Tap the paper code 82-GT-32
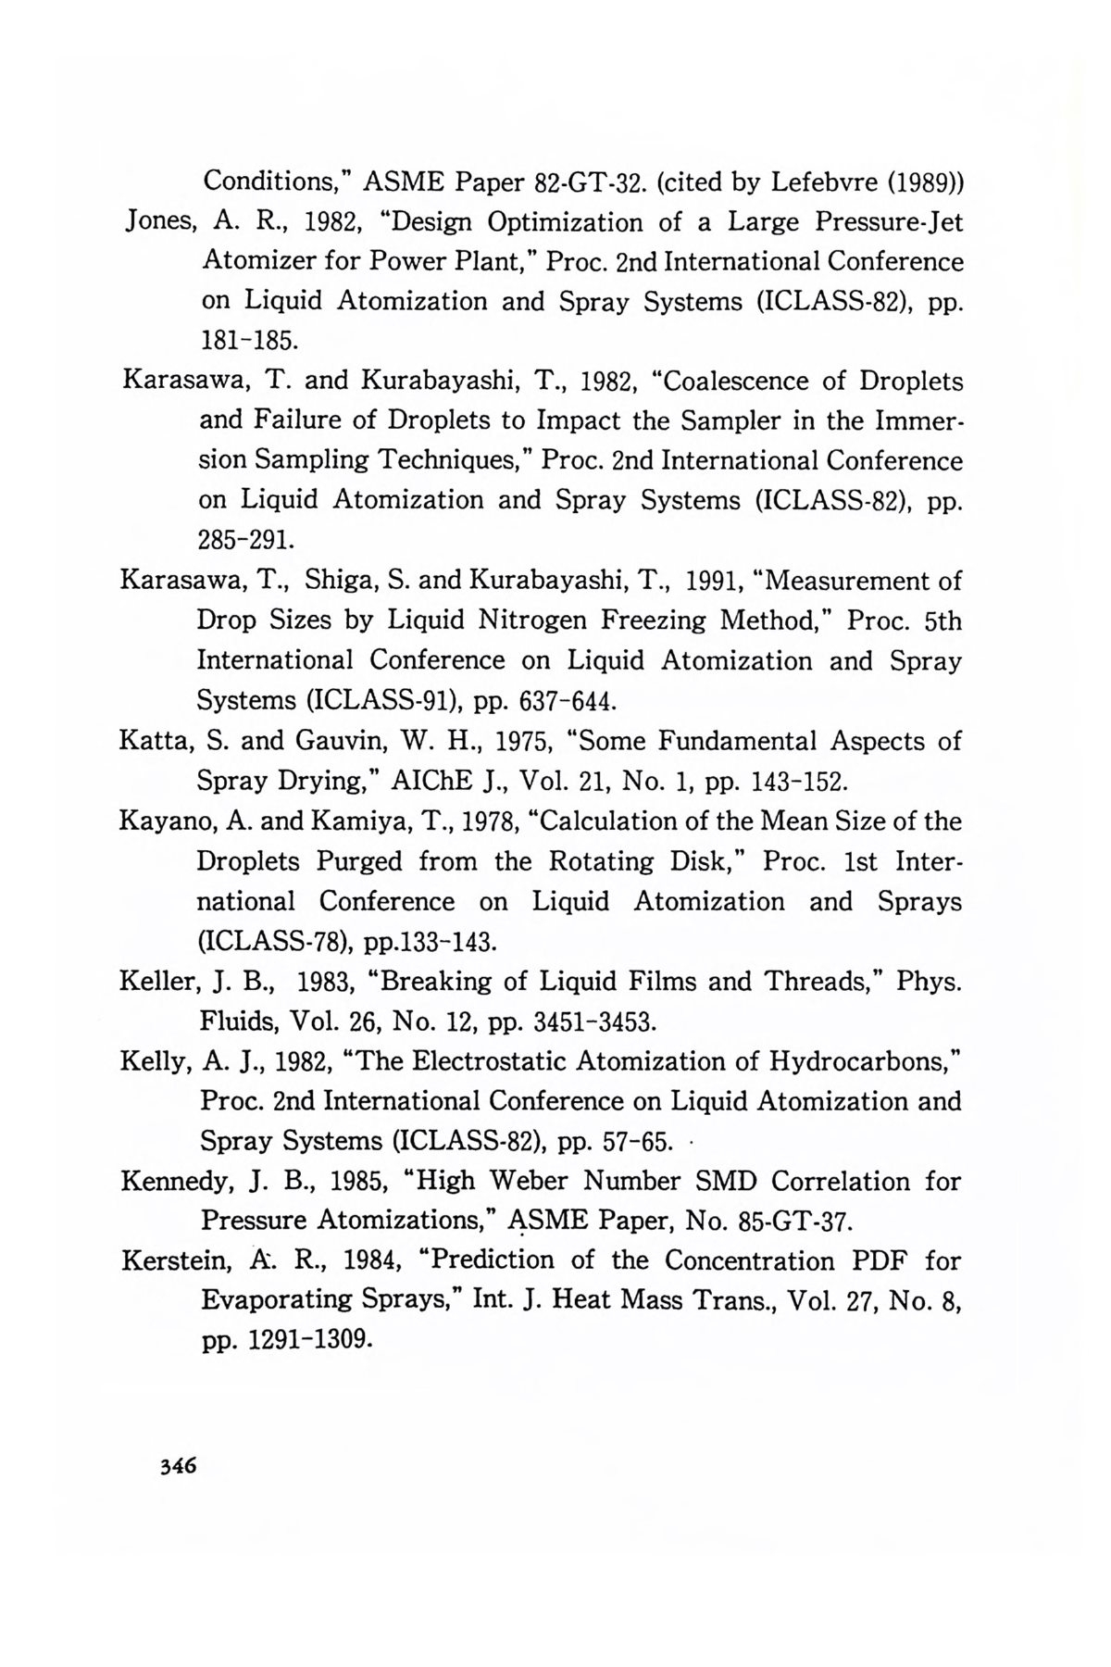pyautogui.click(x=589, y=182)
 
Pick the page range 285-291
pyautogui.click(x=247, y=540)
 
